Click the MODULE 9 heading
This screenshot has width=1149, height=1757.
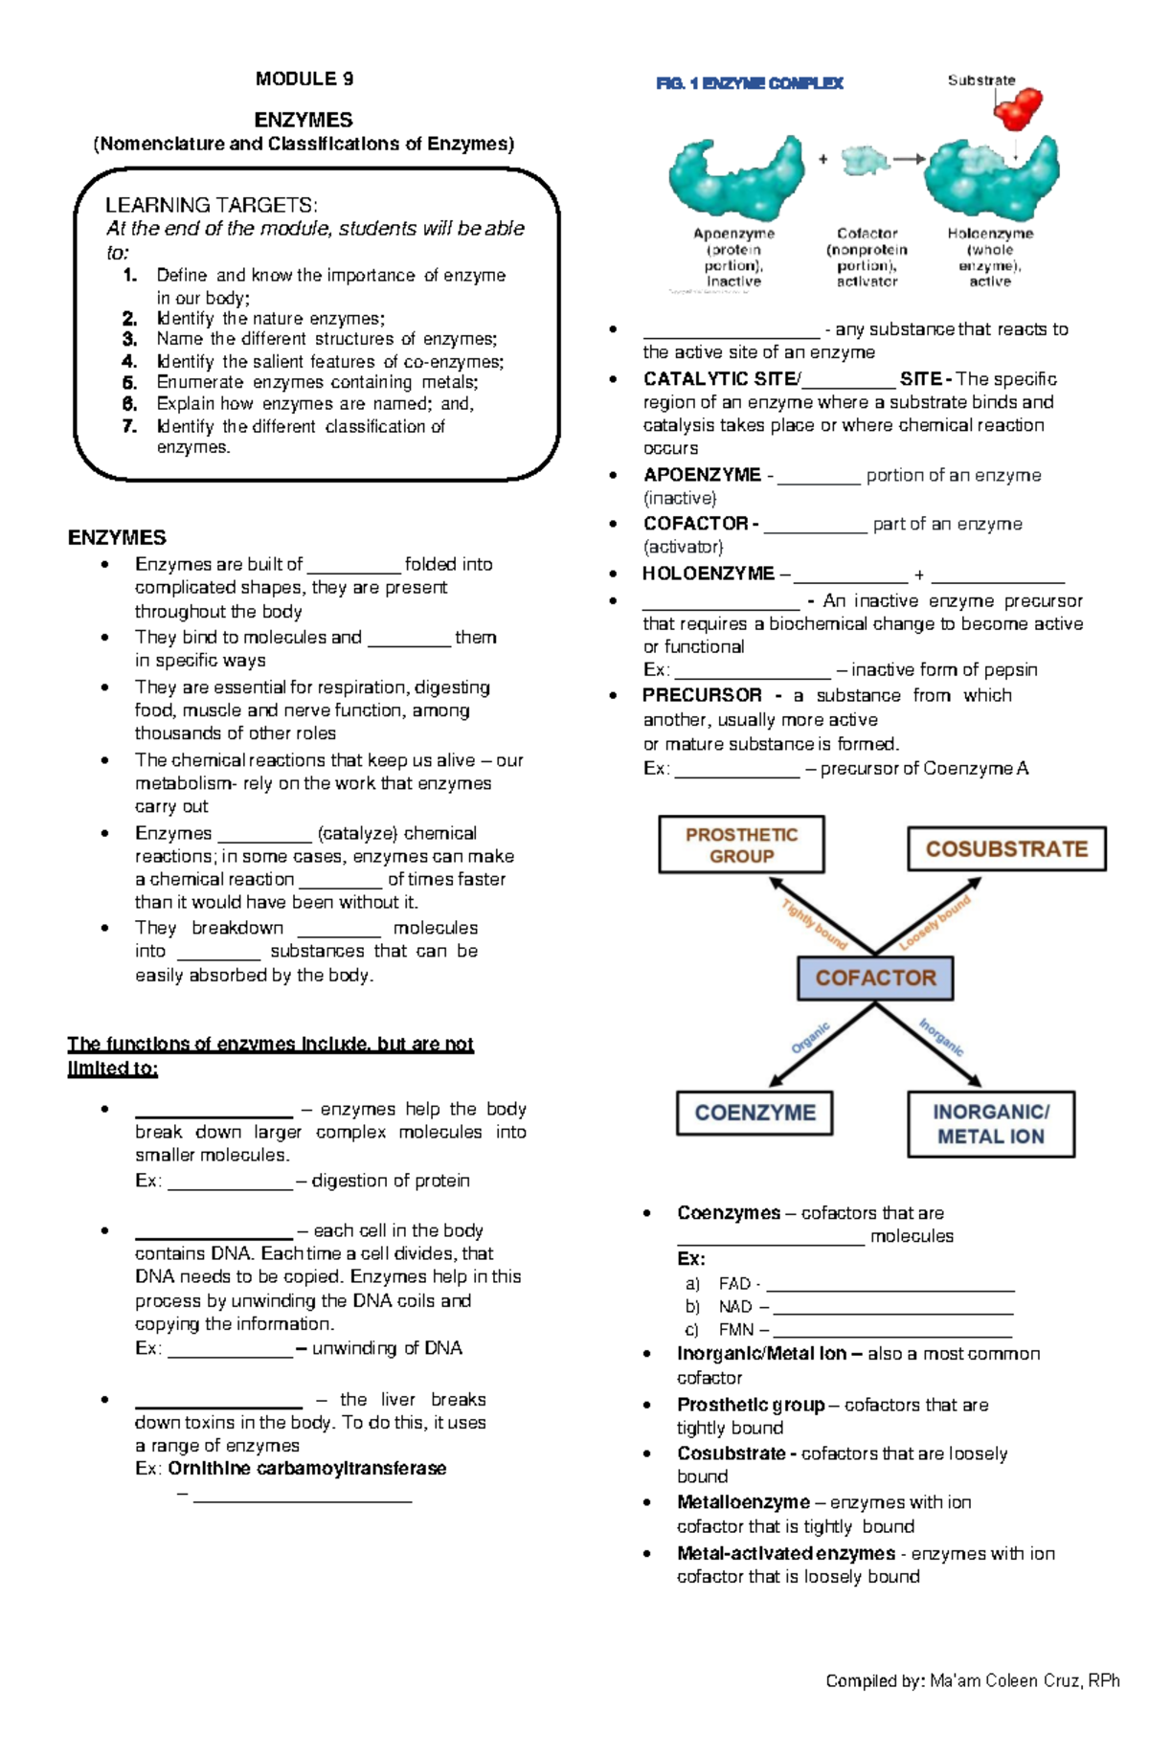304,79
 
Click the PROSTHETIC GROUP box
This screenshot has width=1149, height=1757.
741,845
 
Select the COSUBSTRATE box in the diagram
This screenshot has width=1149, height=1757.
1006,849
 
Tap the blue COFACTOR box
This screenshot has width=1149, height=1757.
875,978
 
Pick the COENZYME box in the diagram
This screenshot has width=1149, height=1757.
755,1113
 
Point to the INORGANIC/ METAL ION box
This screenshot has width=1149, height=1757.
991,1124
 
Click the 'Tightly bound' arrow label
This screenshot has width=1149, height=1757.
815,925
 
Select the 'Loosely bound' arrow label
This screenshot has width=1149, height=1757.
935,923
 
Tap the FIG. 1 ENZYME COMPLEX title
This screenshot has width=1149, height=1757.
750,83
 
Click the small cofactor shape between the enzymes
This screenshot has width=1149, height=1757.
866,160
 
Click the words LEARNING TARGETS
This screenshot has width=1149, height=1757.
211,205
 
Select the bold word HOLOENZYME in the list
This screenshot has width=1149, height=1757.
708,574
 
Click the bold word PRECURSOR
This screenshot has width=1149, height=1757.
702,695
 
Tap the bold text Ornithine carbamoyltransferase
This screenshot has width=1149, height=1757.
306,1469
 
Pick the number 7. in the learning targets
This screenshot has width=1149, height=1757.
130,426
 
